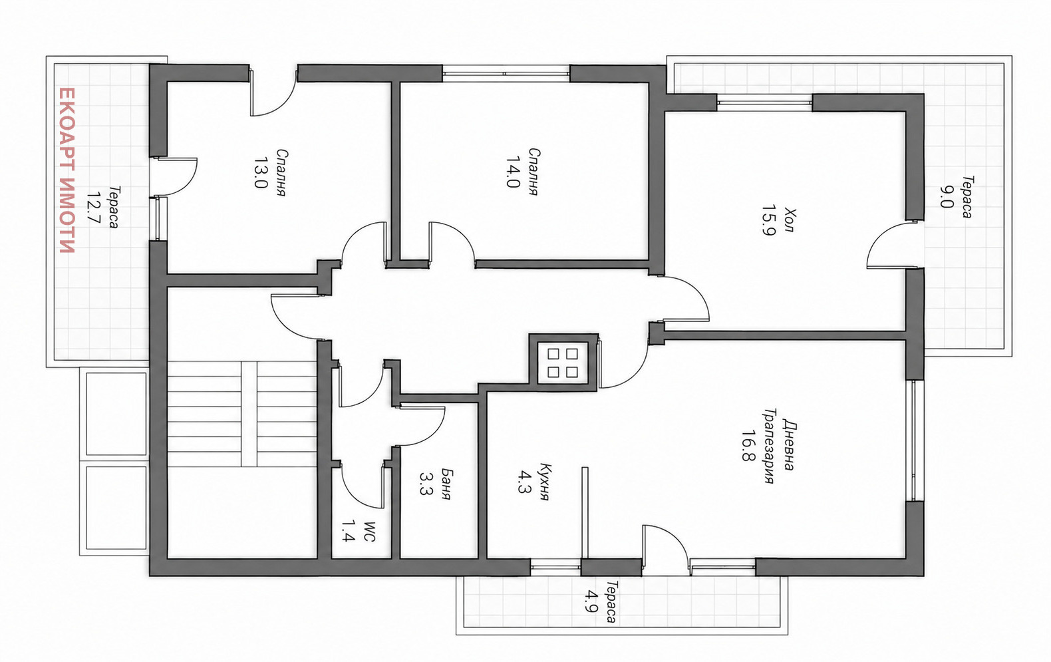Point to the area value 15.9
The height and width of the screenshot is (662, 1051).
768,220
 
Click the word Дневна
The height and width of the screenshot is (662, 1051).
789,445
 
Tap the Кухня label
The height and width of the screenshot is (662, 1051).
545,482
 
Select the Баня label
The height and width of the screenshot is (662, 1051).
446,484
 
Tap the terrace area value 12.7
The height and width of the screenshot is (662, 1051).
94,208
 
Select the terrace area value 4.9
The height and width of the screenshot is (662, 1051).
590,602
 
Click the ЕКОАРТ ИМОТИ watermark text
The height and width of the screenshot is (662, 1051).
68,170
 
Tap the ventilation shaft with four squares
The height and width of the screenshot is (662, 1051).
563,363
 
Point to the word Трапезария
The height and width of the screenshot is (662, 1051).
768,446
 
